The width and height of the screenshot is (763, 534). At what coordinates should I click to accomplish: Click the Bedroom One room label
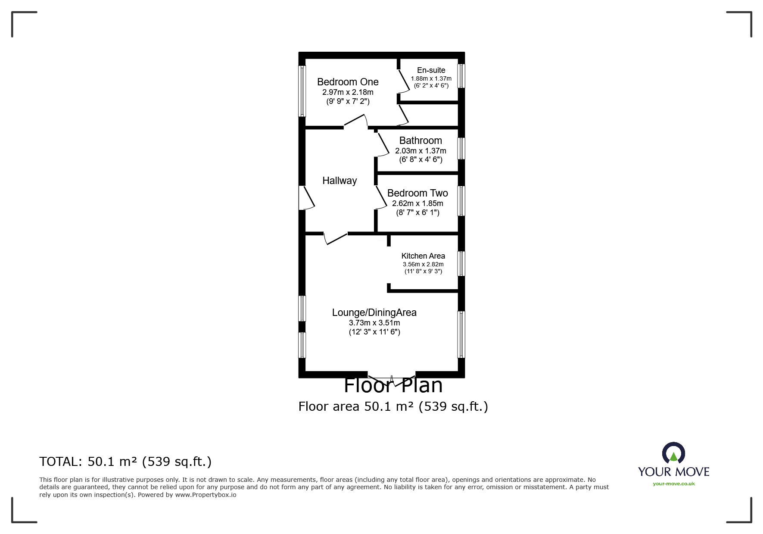[348, 82]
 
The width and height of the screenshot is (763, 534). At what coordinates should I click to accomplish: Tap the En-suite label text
[431, 70]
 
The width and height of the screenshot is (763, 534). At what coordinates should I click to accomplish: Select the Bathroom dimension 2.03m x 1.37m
[420, 151]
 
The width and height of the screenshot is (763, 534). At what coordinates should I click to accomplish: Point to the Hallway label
[339, 181]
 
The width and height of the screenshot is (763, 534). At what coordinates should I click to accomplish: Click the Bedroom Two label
[417, 193]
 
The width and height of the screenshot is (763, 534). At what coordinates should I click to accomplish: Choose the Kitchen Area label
[423, 256]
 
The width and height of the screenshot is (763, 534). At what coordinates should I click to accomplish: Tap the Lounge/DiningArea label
[374, 312]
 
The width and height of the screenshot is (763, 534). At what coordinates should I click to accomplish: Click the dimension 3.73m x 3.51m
[374, 323]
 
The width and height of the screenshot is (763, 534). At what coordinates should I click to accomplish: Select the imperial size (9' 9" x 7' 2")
[348, 102]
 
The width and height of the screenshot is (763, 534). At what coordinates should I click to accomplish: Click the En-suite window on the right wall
[461, 76]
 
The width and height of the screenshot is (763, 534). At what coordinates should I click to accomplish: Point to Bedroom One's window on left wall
[302, 91]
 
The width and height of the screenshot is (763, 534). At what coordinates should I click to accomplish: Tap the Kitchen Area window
[461, 263]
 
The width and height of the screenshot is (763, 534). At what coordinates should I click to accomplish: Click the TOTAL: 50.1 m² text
[125, 462]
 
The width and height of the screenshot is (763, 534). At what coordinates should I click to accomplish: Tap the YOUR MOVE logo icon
[673, 454]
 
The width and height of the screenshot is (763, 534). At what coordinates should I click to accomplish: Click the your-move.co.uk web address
[673, 484]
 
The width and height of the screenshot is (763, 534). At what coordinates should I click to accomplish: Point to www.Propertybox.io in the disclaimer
[206, 495]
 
